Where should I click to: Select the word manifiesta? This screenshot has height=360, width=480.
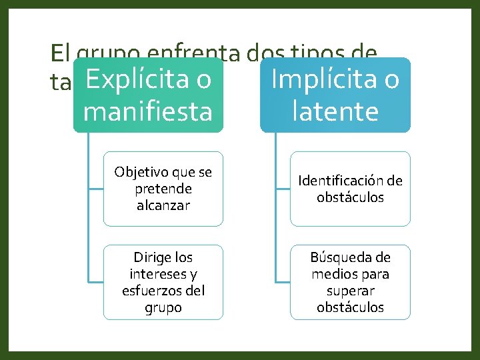coord(148,111)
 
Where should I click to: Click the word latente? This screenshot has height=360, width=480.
coord(335,111)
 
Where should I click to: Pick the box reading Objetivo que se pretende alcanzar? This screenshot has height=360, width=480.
coord(163,189)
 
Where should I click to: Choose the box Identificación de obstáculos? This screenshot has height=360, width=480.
coord(350,189)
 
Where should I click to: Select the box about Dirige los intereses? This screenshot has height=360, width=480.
coord(163,282)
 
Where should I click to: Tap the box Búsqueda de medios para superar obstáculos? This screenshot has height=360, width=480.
coord(350,282)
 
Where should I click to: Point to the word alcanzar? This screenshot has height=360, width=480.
coord(163,205)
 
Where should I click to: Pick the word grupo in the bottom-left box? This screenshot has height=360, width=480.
coord(163,307)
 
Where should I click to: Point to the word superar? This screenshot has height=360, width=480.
coord(351,291)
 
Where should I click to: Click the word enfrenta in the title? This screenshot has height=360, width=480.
coord(201,53)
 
